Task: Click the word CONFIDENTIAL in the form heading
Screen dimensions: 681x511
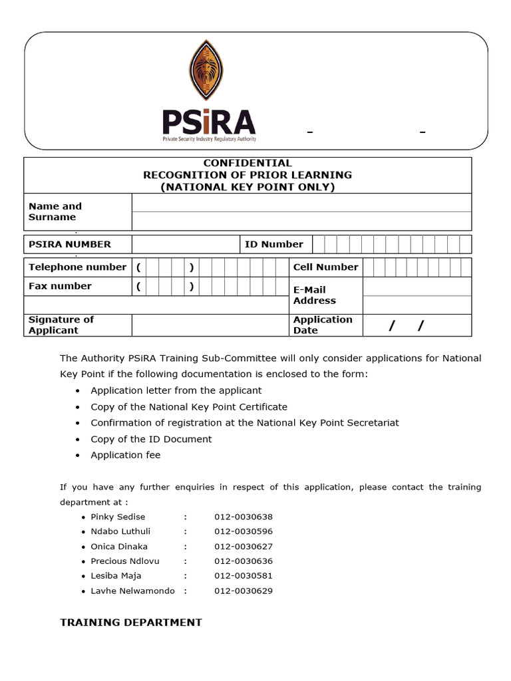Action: pos(248,163)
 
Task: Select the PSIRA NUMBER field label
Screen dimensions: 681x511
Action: pos(70,244)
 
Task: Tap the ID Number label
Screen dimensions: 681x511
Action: pos(273,244)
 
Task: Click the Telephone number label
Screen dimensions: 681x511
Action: pos(77,267)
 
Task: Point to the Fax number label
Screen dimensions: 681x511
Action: pos(60,286)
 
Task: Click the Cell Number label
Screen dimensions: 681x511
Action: pos(325,267)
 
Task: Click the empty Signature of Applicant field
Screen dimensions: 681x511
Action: pos(210,325)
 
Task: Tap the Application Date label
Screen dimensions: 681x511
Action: pos(323,325)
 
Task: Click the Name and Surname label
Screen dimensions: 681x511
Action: pos(55,211)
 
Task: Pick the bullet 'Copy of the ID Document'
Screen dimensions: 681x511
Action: pos(151,439)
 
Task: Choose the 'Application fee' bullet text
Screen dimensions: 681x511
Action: pos(126,456)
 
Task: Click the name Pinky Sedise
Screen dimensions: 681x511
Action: pos(118,517)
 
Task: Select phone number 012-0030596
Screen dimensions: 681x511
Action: pos(244,531)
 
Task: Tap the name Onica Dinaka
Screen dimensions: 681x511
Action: pos(119,547)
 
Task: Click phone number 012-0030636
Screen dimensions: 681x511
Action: pos(244,561)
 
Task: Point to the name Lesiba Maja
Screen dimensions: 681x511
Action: pos(116,576)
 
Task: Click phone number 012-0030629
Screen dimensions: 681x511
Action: pos(244,591)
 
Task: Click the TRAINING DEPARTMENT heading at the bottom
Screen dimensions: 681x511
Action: pos(131,622)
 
